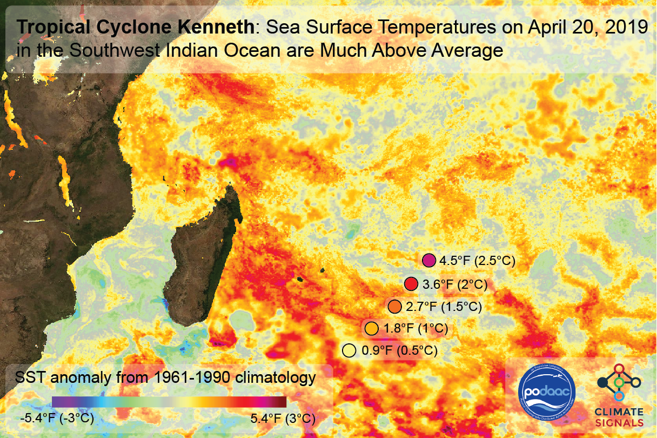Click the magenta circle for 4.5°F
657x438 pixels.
(x=429, y=261)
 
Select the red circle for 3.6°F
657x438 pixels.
(x=411, y=284)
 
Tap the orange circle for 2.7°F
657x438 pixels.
(x=394, y=307)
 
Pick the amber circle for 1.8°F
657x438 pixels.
(x=371, y=328)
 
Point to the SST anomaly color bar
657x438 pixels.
(x=169, y=402)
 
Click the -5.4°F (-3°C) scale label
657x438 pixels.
(x=57, y=419)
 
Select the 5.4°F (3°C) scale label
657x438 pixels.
(x=283, y=419)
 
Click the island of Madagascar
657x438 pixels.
(x=203, y=254)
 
